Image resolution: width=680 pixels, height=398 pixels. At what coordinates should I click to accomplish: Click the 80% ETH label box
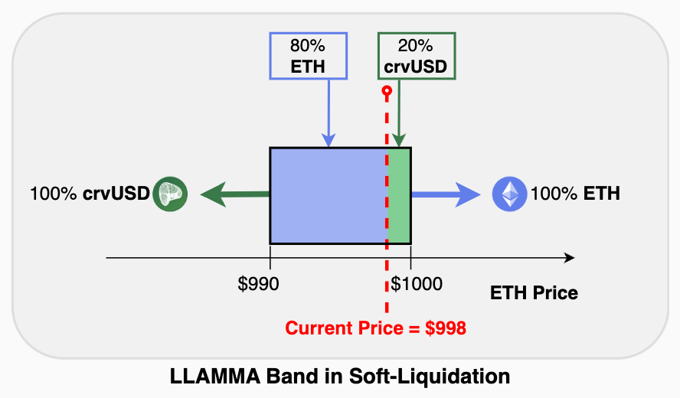pyautogui.click(x=308, y=56)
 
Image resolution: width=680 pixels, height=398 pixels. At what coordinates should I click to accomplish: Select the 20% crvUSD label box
pyautogui.click(x=417, y=56)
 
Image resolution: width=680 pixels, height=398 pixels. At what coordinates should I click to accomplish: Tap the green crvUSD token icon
pyautogui.click(x=170, y=194)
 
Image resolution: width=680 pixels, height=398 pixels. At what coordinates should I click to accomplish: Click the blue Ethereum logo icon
pyautogui.click(x=509, y=194)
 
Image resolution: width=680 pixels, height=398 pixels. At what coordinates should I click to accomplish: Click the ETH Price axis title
pyautogui.click(x=534, y=292)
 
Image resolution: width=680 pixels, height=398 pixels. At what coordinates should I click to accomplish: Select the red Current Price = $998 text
pyautogui.click(x=376, y=329)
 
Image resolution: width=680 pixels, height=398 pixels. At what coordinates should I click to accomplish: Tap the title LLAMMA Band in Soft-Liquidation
pyautogui.click(x=339, y=377)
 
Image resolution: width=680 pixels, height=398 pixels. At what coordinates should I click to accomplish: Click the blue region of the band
pyautogui.click(x=328, y=195)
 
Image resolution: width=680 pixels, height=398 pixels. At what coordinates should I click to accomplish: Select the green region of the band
pyautogui.click(x=399, y=195)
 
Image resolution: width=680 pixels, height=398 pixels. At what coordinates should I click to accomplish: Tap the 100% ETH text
pyautogui.click(x=575, y=194)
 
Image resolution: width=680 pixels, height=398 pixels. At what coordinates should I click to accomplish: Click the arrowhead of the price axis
pyautogui.click(x=569, y=258)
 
